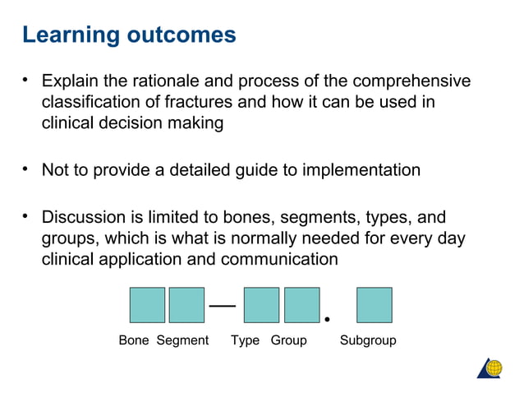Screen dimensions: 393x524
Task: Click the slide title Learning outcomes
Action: click(x=129, y=35)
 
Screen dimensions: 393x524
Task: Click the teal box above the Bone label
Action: click(x=147, y=305)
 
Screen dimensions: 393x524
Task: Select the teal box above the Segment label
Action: click(x=186, y=305)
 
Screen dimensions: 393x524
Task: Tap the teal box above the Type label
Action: click(x=262, y=305)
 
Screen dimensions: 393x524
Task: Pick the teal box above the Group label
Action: click(x=301, y=305)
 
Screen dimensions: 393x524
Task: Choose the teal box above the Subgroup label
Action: click(x=374, y=305)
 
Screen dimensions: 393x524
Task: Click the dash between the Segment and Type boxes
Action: click(x=223, y=305)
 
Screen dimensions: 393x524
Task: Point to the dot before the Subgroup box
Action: click(x=328, y=318)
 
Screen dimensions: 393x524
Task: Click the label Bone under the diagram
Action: click(x=134, y=340)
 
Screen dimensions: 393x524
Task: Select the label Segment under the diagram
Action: click(x=182, y=340)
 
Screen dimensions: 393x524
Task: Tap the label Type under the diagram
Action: click(x=246, y=340)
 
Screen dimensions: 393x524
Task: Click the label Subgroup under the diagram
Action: click(x=368, y=340)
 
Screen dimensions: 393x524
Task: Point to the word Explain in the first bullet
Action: click(x=70, y=81)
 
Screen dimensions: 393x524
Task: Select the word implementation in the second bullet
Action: click(x=361, y=170)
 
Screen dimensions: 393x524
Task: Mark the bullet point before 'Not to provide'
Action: click(x=26, y=169)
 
